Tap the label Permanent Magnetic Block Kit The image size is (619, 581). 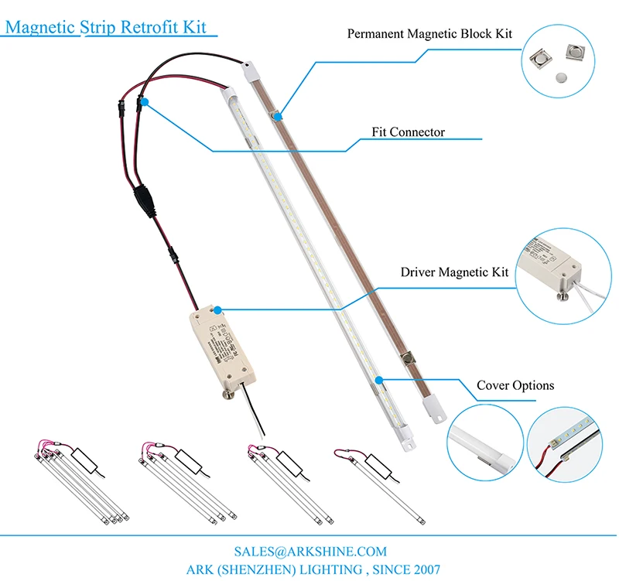pos(429,34)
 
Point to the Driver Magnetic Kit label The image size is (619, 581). pos(454,272)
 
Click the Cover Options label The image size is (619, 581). pos(515,385)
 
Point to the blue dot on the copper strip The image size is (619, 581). pos(277,115)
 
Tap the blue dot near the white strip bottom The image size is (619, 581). pos(380,380)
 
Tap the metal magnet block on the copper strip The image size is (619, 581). pos(408,360)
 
